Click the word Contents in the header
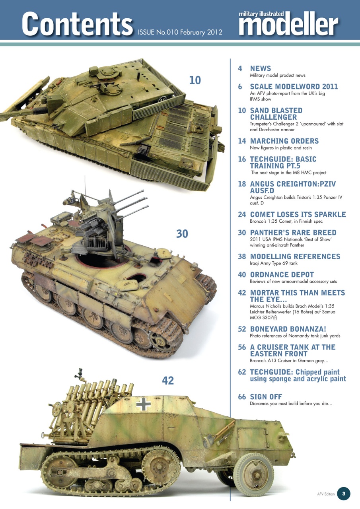point(77,23)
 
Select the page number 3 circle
point(344,494)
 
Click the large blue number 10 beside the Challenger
point(195,80)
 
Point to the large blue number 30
point(182,234)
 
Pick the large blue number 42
point(168,381)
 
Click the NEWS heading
point(260,68)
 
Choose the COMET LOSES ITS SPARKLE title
point(298,214)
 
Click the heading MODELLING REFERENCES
point(295,256)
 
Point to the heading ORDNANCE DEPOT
point(282,275)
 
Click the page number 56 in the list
point(242,347)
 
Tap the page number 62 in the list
point(242,372)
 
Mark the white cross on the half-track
point(143,404)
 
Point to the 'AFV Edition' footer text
point(326,494)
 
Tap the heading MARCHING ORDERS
point(284,141)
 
